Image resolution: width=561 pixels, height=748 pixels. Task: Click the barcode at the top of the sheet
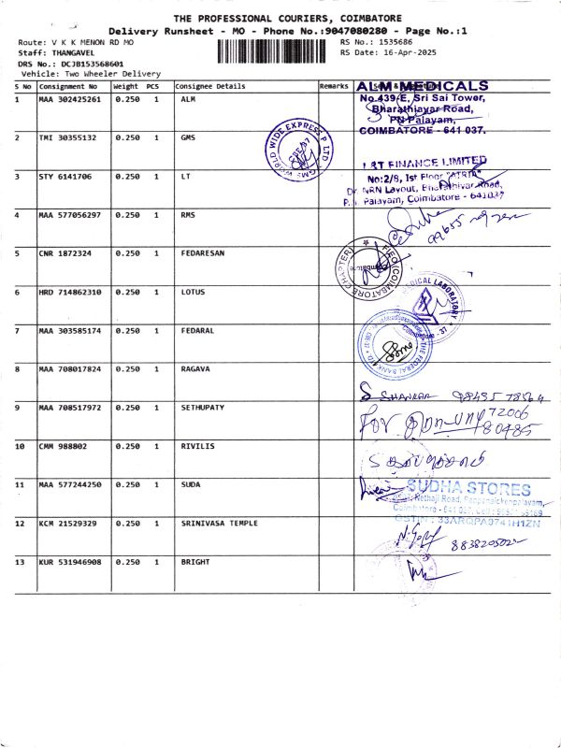pyautogui.click(x=276, y=50)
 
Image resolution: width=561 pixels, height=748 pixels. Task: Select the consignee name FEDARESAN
pyautogui.click(x=203, y=252)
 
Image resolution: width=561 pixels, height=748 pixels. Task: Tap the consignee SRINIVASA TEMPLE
pyautogui.click(x=214, y=524)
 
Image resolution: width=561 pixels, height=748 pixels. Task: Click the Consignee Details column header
pyautogui.click(x=210, y=86)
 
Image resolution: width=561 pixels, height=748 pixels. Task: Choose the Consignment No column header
pyautogui.click(x=67, y=86)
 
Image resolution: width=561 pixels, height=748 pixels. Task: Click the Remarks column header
pyautogui.click(x=334, y=86)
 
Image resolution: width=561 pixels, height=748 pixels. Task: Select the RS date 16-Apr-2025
pyautogui.click(x=404, y=53)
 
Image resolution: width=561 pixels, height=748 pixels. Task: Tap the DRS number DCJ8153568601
pyautogui.click(x=92, y=63)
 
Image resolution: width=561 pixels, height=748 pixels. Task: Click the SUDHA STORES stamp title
pyautogui.click(x=468, y=489)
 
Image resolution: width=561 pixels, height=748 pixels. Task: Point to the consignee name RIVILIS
pyautogui.click(x=197, y=446)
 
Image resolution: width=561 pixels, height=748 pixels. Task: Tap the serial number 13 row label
pyautogui.click(x=19, y=562)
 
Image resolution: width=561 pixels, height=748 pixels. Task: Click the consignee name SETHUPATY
pyautogui.click(x=203, y=408)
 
